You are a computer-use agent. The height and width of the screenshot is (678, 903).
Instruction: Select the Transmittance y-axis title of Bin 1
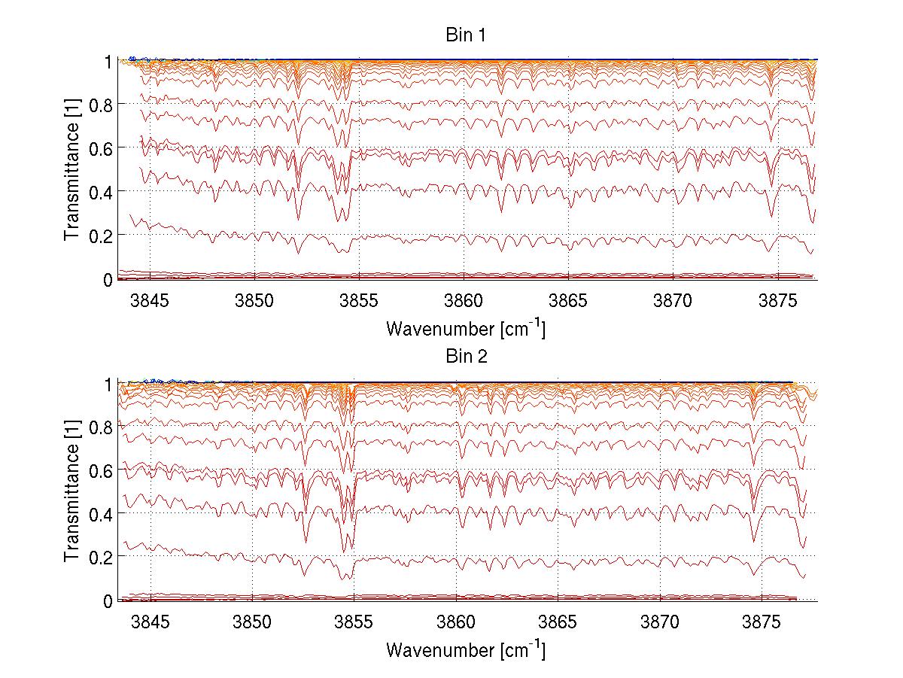click(72, 169)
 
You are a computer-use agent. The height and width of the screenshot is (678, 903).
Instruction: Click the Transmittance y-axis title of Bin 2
click(72, 491)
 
